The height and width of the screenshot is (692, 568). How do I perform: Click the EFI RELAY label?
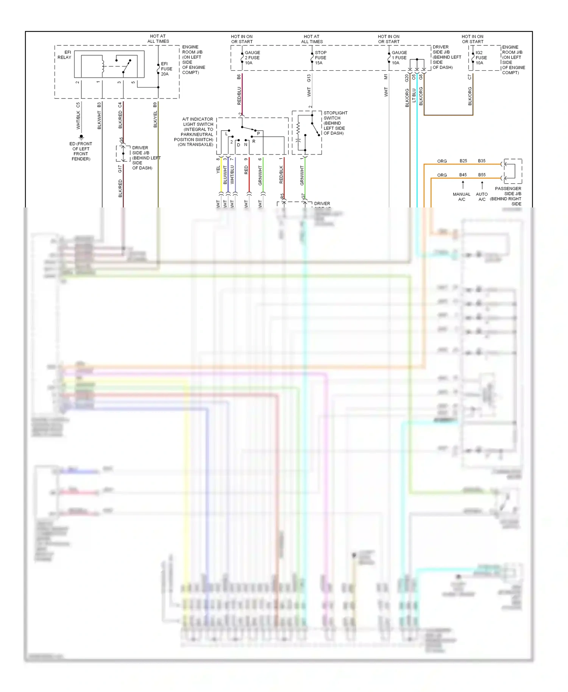[64, 55]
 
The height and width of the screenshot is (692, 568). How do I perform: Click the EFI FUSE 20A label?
[166, 69]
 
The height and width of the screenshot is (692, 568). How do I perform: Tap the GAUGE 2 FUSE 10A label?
[252, 58]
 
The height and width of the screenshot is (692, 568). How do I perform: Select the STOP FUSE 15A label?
[320, 58]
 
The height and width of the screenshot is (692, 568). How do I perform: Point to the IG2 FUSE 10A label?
[481, 58]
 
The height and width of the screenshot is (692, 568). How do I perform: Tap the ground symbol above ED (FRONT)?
[81, 137]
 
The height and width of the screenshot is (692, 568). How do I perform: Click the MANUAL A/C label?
[461, 197]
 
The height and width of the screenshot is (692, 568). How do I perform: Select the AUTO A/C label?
[482, 197]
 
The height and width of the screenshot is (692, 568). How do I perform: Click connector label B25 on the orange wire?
[463, 161]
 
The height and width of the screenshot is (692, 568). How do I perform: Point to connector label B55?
[482, 175]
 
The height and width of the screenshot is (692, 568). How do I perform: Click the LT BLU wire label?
[414, 95]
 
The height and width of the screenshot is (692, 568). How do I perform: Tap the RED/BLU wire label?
[239, 96]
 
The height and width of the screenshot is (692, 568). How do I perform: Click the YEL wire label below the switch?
[218, 170]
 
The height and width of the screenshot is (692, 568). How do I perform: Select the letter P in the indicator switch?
[259, 134]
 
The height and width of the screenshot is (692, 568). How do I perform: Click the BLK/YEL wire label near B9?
[155, 120]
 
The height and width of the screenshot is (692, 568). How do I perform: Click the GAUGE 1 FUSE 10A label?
[399, 58]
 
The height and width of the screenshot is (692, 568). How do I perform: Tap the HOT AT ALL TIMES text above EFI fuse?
[158, 39]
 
